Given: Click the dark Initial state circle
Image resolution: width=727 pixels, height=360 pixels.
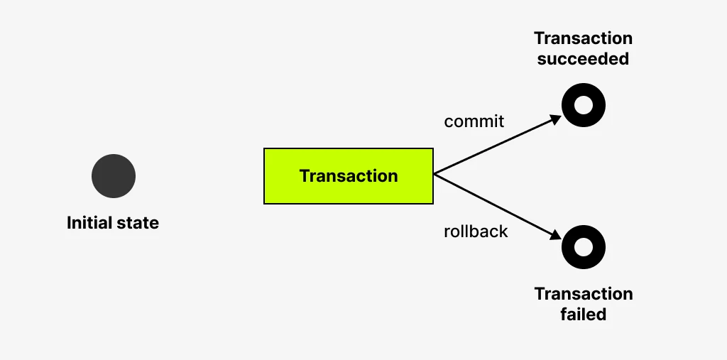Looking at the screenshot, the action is click(x=114, y=176).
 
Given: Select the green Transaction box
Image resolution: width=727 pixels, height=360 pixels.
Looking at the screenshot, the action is click(x=349, y=176).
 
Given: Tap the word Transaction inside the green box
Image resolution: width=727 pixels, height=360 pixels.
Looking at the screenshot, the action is click(x=349, y=176).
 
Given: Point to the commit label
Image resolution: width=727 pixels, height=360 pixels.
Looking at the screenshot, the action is click(x=474, y=121).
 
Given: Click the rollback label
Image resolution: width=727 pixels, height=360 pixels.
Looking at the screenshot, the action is click(x=476, y=231).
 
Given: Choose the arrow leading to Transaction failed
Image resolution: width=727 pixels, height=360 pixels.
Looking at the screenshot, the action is click(x=498, y=207).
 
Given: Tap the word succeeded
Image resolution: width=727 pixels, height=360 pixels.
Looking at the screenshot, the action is click(x=584, y=59).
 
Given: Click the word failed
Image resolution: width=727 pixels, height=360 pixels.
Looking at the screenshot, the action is click(x=584, y=315).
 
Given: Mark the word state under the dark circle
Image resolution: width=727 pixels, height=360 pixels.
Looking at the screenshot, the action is click(x=137, y=223).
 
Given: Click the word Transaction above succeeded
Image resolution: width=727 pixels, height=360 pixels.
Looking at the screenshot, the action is click(x=584, y=38).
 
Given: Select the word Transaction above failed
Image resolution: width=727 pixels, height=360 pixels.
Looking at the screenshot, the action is click(x=584, y=294).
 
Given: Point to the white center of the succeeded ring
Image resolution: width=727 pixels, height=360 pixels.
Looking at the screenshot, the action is click(x=584, y=105).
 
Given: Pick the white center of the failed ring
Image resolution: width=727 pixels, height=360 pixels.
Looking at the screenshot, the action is click(x=584, y=247).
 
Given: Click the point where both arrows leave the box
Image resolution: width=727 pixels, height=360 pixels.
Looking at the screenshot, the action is click(x=434, y=174).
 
